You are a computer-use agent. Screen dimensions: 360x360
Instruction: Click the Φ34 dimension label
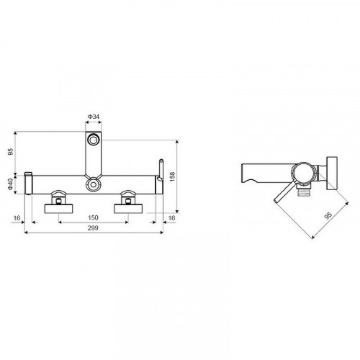coord(94,117)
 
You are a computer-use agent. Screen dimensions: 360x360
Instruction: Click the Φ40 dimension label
coord(11,184)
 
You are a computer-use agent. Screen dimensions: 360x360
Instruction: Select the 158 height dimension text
coord(173,176)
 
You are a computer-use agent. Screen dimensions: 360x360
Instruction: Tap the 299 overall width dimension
coord(93,228)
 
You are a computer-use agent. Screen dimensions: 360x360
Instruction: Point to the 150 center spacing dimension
coord(93,217)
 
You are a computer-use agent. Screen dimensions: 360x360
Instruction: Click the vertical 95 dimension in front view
coord(11,152)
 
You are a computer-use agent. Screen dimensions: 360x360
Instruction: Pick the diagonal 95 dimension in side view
coord(328,215)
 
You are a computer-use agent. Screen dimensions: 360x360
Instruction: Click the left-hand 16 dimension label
coord(17,218)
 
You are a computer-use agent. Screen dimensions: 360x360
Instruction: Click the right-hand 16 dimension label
coord(171,218)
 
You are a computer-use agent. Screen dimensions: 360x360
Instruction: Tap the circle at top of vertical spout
coord(93,140)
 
